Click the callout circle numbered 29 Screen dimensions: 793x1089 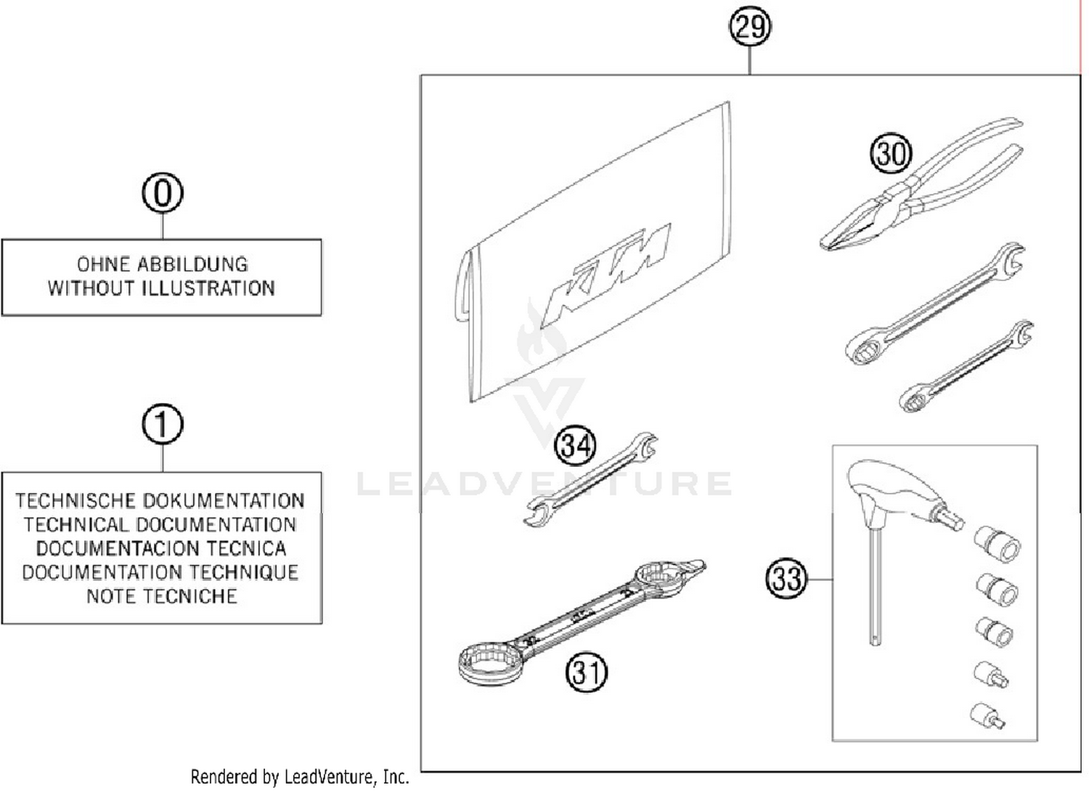coord(749,28)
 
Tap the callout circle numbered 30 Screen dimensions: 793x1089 coord(890,154)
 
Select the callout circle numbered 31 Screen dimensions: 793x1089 coord(586,672)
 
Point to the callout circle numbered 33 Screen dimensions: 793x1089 coord(786,579)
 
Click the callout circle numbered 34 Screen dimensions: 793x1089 coord(575,444)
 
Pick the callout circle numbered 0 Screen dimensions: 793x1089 coord(163,193)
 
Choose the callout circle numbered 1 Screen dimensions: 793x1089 coord(163,425)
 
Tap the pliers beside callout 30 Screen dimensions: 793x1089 coord(922,189)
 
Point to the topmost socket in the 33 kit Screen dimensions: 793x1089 coord(998,544)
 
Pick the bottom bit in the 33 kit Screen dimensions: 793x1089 coord(987,715)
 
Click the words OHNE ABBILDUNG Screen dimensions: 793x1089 coord(162,264)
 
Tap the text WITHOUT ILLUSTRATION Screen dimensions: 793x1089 coord(161,288)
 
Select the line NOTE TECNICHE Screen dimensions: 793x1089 coord(161,596)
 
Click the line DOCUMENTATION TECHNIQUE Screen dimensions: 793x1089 coord(160,572)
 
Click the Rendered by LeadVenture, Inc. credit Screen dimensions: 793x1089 coord(299,777)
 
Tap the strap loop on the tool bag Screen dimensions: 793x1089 coord(464,287)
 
